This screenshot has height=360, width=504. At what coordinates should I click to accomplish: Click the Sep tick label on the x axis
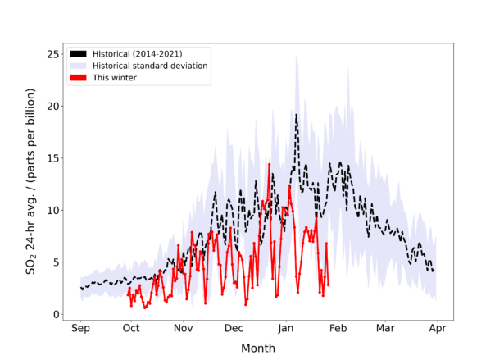tap(80, 328)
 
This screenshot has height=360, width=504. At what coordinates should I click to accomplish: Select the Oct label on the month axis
tap(131, 328)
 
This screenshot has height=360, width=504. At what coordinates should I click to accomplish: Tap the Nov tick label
tap(184, 328)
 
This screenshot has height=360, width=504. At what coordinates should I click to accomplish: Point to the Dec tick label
tap(234, 328)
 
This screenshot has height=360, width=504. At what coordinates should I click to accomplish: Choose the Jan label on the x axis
tap(286, 328)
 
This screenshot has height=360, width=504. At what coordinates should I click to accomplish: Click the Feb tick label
tap(338, 328)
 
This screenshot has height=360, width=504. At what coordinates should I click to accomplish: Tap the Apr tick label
tap(437, 328)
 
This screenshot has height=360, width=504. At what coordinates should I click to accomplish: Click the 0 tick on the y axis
tap(55, 314)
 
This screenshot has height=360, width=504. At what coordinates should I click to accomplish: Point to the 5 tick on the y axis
tap(55, 262)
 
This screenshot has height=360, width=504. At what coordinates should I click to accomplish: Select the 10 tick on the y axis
tap(52, 211)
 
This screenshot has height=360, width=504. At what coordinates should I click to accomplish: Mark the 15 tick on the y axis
tap(52, 158)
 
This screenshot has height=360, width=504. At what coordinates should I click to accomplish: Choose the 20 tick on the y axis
tap(52, 107)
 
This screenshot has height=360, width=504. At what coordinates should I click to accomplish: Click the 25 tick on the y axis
tap(52, 54)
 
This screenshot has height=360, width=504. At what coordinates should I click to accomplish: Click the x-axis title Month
tap(258, 348)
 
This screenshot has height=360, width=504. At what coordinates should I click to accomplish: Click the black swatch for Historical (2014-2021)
tap(78, 53)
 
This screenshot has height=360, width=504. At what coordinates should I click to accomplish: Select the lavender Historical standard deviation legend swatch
tap(78, 66)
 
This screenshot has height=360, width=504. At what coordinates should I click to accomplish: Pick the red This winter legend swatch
tap(78, 78)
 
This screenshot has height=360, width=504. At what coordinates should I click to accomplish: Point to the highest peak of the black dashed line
tap(296, 114)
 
